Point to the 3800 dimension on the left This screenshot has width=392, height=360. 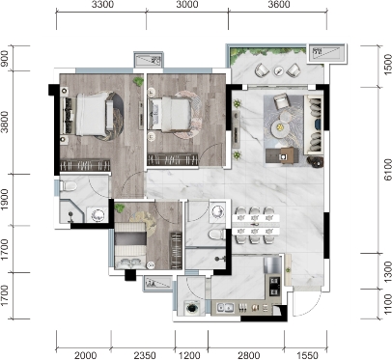coord(5,122)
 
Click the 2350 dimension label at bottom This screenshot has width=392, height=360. coord(145,355)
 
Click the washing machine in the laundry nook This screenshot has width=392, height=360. coord(192,308)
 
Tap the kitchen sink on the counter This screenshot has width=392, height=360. coord(225,308)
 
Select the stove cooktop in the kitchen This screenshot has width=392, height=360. coord(274,287)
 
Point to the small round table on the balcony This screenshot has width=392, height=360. coord(279,70)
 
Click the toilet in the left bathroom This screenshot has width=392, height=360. coord(70,186)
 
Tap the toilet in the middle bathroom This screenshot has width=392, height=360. coord(217,234)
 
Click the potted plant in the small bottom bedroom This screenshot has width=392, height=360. coord(120,208)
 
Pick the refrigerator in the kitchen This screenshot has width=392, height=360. coord(272,265)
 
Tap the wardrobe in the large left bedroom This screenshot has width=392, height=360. coord(85,165)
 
